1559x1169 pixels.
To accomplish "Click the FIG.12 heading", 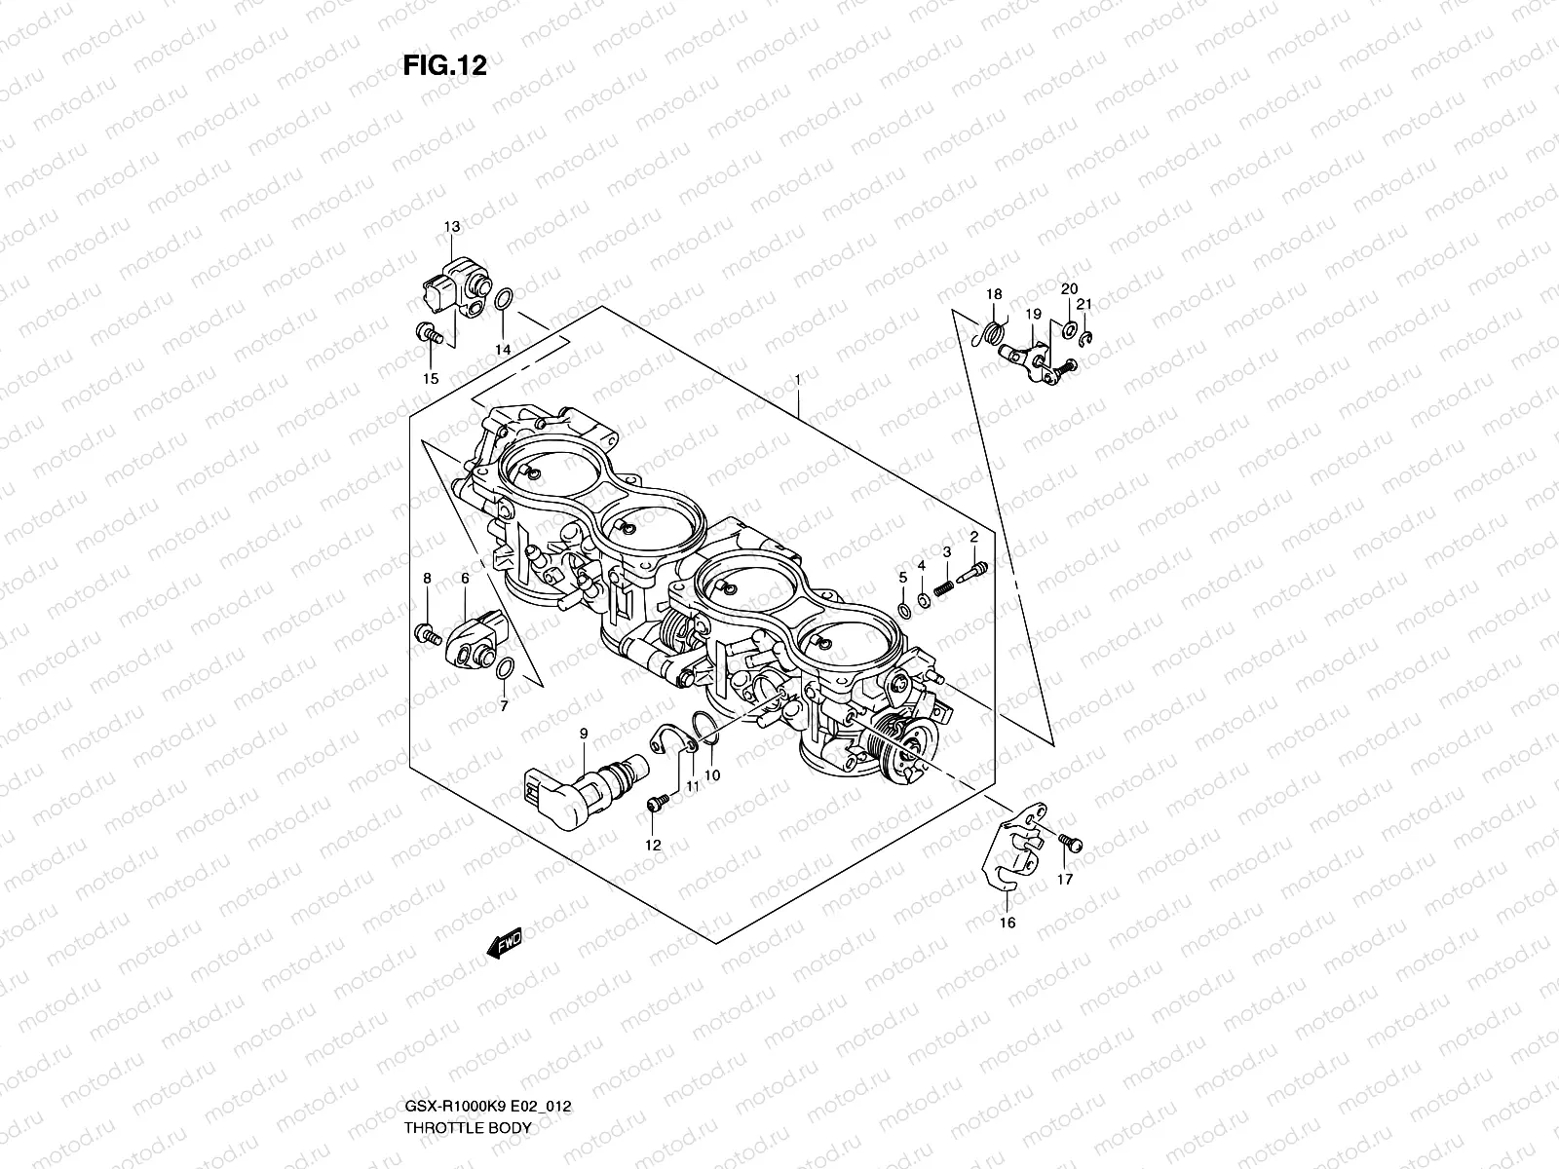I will [x=444, y=65].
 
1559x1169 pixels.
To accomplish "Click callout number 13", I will [x=452, y=227].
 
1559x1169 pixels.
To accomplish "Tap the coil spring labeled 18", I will [x=992, y=333].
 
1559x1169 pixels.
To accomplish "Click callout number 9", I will [x=583, y=733].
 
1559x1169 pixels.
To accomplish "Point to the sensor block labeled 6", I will [x=475, y=637].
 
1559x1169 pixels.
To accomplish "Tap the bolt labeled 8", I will [x=426, y=632].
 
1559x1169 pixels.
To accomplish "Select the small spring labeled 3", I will [x=942, y=588].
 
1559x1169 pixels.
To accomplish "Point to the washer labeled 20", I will [x=1069, y=325].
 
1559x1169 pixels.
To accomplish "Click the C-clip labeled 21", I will [x=1088, y=337].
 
